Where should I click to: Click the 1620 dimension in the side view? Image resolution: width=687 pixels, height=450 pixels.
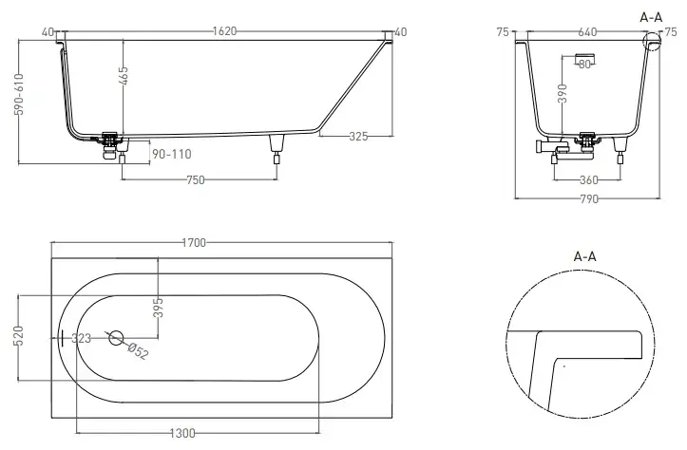(224, 31)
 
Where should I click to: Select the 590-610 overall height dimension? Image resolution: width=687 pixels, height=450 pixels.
(18, 95)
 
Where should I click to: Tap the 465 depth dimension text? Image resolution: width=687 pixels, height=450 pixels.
(124, 76)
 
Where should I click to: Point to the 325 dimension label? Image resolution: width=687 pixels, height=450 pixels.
(358, 136)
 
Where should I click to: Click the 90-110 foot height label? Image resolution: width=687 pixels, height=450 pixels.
(172, 154)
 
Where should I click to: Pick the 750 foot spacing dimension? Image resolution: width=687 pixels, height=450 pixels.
(196, 180)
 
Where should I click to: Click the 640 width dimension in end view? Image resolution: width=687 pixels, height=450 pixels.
(587, 32)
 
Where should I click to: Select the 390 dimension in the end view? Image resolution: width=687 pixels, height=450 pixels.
(563, 93)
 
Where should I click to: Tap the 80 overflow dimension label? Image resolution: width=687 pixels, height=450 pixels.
(584, 65)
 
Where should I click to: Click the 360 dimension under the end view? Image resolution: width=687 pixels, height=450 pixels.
(588, 180)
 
